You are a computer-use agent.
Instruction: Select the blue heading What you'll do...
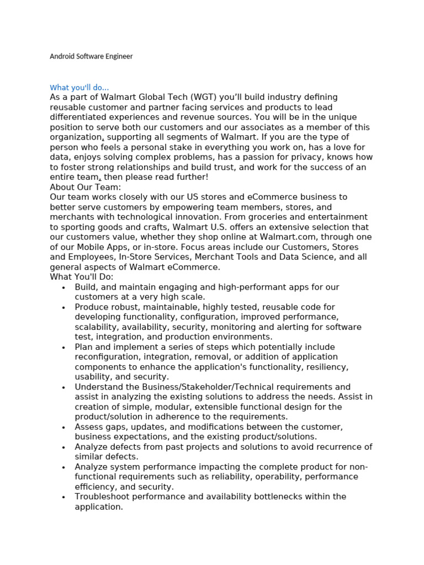[x=79, y=88]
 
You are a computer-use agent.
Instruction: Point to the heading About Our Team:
[x=85, y=187]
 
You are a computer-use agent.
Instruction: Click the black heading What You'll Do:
[x=81, y=277]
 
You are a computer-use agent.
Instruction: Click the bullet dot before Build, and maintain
[x=65, y=287]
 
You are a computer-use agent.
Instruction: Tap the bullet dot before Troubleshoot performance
[x=65, y=497]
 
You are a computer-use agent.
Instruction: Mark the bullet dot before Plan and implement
[x=65, y=348]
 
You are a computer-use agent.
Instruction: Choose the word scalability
[x=97, y=327]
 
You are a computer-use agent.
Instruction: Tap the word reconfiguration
[x=108, y=357]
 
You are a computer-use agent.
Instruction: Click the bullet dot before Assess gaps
[x=65, y=428]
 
